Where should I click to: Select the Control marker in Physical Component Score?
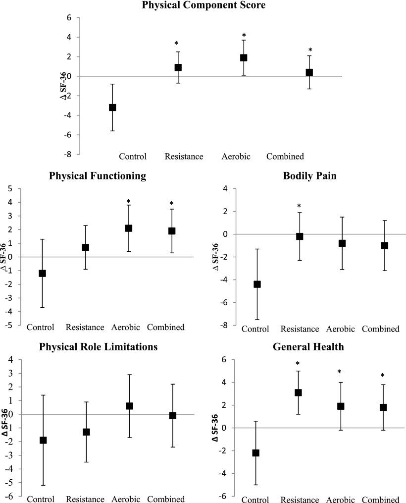112,108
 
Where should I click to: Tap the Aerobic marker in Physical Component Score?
244,57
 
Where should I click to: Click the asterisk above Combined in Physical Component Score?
310,51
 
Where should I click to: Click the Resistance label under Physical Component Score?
184,157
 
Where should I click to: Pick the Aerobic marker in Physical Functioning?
129,228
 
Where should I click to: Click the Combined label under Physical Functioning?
166,327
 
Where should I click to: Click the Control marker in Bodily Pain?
257,284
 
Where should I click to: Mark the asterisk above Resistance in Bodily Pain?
299,206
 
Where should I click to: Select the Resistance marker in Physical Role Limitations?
86,432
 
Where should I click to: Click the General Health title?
308,347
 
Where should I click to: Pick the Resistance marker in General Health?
298,392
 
